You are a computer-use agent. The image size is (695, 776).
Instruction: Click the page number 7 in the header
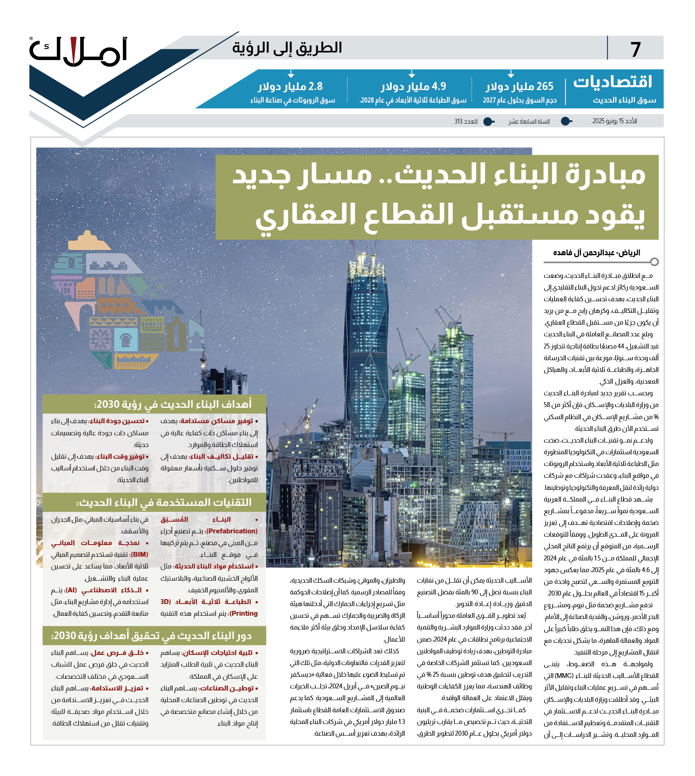point(636,50)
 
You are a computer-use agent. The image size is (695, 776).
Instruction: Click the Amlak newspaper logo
point(79,52)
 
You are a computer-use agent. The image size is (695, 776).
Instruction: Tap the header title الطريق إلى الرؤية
point(287,48)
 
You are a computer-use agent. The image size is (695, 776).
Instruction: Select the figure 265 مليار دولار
point(519,86)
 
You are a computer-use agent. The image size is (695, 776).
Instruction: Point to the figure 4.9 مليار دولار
point(413,86)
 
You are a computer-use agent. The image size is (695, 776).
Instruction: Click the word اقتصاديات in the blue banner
point(613,82)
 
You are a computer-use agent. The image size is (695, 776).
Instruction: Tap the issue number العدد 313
point(466,121)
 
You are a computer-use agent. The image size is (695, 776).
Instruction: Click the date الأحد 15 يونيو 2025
point(614,121)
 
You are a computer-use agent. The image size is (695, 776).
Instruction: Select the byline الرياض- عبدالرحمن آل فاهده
point(596,253)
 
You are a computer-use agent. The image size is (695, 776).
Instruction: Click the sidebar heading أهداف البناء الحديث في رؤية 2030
point(173,404)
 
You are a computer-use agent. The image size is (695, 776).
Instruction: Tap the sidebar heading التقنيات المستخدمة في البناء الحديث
point(164,502)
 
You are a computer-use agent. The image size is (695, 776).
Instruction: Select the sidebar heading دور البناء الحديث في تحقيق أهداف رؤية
point(151,636)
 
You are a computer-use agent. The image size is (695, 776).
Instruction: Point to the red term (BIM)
point(140,554)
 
